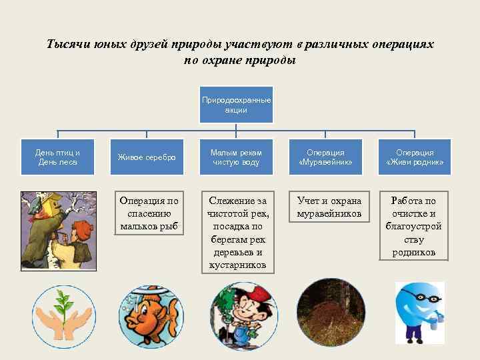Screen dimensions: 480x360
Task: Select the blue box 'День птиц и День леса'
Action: click(57, 157)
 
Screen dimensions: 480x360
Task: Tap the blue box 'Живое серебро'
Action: click(147, 157)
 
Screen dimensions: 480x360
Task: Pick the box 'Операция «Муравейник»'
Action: click(325, 157)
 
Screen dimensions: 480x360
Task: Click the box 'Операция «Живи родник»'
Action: click(415, 157)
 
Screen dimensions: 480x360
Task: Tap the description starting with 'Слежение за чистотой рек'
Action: click(237, 233)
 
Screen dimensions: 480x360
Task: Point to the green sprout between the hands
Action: click(63, 306)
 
